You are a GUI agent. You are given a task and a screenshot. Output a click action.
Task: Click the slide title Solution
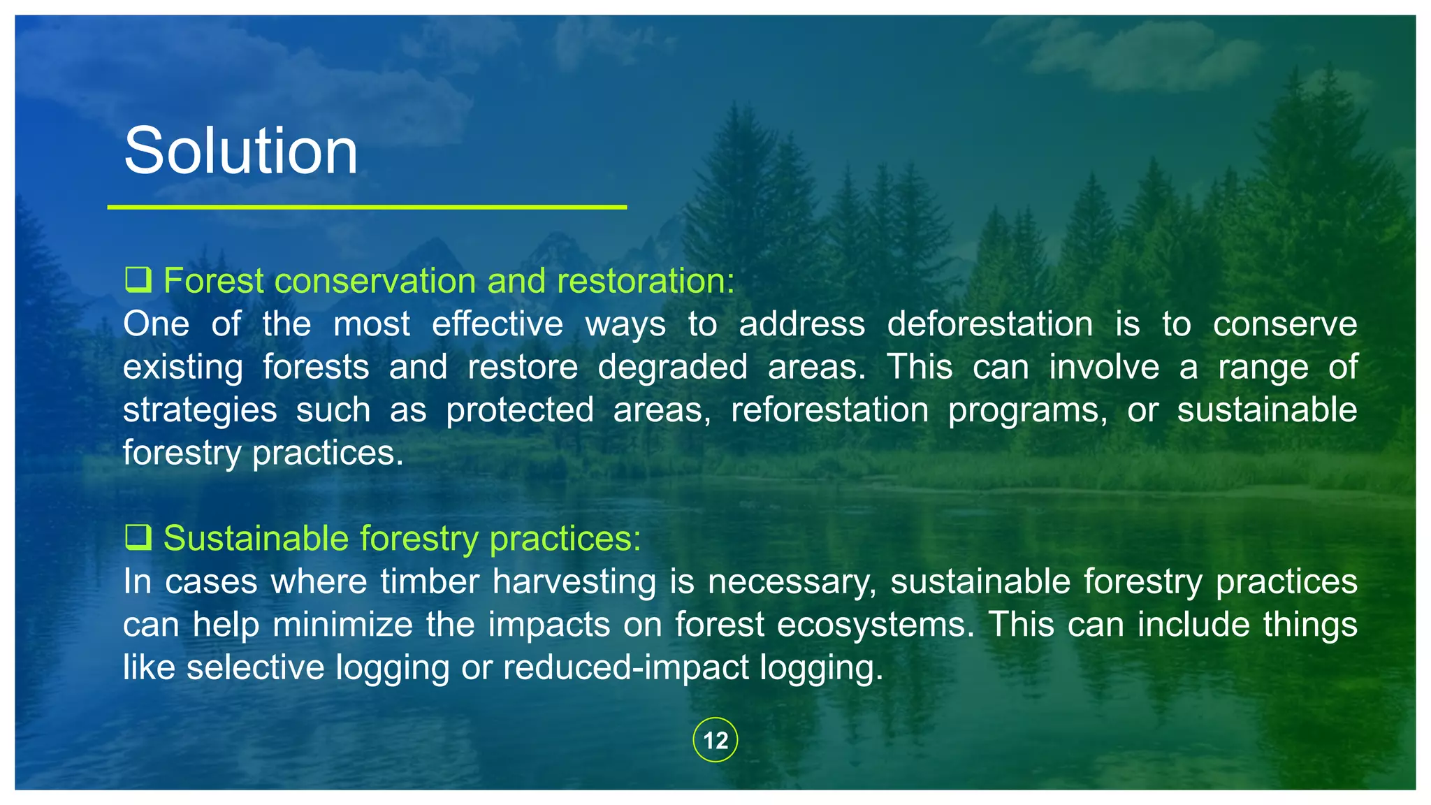[x=240, y=152]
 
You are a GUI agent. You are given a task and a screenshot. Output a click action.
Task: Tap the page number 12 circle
[x=715, y=740]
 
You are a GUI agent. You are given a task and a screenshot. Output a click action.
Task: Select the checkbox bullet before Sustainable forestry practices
[x=138, y=537]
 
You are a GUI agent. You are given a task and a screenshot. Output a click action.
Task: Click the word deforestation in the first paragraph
[x=989, y=324]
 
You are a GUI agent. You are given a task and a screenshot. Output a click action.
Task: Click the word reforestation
[x=829, y=409]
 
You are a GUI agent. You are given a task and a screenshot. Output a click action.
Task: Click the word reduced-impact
[x=625, y=667]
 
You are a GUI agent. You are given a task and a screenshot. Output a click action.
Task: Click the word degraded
[x=672, y=367]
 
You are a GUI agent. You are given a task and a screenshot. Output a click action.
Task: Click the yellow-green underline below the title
[x=367, y=207]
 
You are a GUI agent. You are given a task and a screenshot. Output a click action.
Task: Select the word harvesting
[x=574, y=582]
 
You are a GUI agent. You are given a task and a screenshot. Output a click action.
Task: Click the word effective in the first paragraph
[x=497, y=324]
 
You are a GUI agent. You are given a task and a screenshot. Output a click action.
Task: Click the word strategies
[x=200, y=411]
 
